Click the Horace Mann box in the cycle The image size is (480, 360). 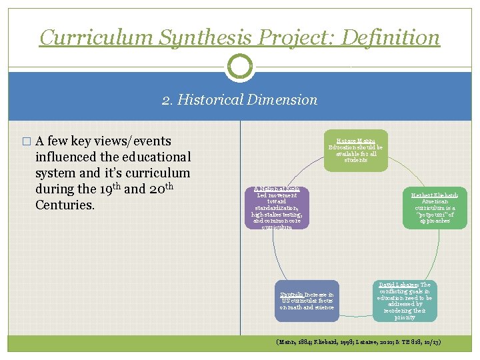[356, 151]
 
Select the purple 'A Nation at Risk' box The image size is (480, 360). [277, 208]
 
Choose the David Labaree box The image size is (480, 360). [405, 300]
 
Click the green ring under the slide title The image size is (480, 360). [240, 66]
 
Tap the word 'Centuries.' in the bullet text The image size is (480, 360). [65, 204]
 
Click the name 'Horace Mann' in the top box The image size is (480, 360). [356, 141]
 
